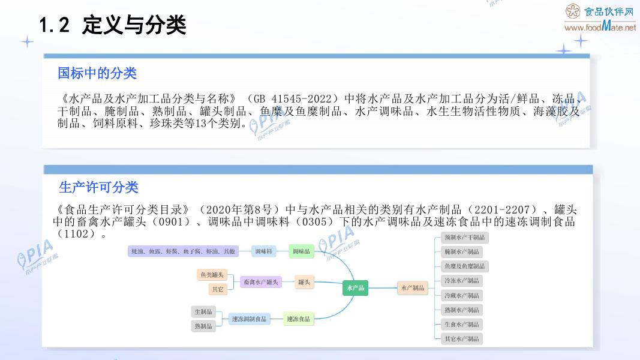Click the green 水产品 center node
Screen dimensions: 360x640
point(355,288)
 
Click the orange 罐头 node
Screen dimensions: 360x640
point(304,281)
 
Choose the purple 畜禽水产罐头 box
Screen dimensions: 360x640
point(260,281)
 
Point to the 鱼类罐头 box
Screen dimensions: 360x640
point(211,275)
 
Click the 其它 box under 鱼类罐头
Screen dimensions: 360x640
point(217,289)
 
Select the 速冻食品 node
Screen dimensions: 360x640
point(298,319)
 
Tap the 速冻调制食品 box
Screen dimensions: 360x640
point(249,319)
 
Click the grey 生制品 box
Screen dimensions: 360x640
point(203,311)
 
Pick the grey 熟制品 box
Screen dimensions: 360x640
point(203,326)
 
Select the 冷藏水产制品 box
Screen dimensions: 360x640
point(461,295)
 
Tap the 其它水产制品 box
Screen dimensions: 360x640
point(461,338)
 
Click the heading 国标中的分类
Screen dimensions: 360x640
point(97,73)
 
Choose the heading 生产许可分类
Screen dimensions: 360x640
point(98,187)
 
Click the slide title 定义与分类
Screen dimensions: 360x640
point(134,26)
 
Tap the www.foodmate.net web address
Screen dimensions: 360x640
point(600,27)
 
